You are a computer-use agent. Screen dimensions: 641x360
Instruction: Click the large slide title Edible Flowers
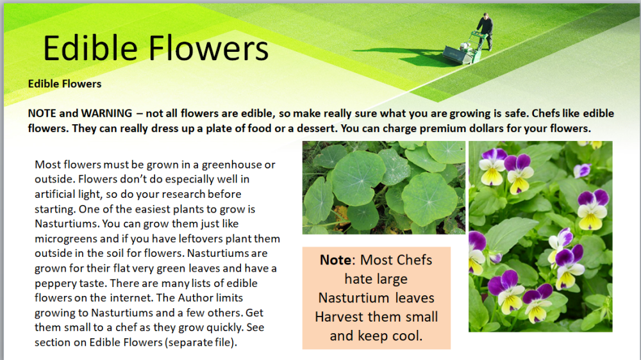(x=156, y=48)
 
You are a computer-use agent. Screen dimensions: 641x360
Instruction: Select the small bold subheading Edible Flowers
(x=65, y=84)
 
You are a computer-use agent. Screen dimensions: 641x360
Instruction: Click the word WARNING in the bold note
(x=106, y=113)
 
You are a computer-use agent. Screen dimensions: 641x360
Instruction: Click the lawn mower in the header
(x=464, y=50)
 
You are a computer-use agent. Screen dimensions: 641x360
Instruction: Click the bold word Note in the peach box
(x=335, y=260)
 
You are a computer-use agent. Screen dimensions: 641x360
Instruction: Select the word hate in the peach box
(x=357, y=279)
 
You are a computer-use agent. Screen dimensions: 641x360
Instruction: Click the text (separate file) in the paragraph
(x=201, y=343)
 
